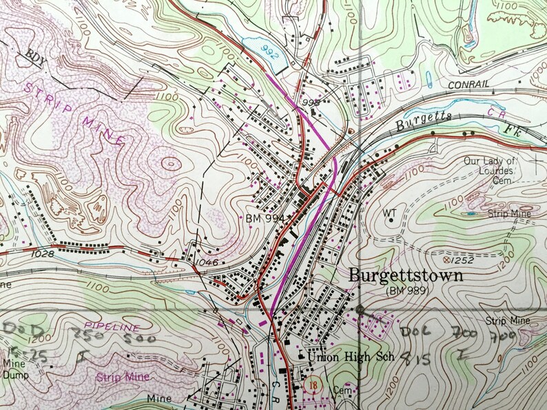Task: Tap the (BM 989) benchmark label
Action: (407, 291)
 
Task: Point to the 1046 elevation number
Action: (206, 262)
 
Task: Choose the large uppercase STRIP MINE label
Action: (74, 112)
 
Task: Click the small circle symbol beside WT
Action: (391, 221)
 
